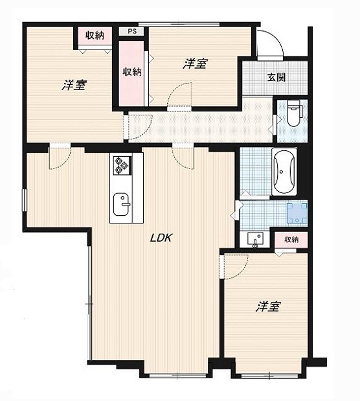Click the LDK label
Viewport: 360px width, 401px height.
tap(161, 238)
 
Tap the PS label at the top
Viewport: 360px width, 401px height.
tap(132, 30)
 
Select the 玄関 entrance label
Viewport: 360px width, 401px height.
tap(276, 78)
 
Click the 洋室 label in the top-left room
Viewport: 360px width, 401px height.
tap(75, 85)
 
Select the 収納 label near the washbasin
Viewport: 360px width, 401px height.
tap(291, 239)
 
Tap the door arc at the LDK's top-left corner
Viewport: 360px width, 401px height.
tap(60, 157)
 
